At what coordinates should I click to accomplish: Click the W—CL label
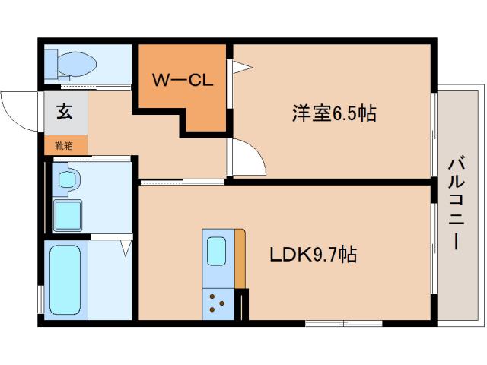183,78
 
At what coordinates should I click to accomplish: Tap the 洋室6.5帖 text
334,113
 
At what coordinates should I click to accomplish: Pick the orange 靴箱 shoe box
65,144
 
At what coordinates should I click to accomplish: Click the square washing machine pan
68,214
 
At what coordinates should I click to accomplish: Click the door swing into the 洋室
248,158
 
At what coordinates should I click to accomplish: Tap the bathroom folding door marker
126,247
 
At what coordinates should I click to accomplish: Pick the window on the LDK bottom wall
344,323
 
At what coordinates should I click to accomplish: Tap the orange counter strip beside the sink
240,259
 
